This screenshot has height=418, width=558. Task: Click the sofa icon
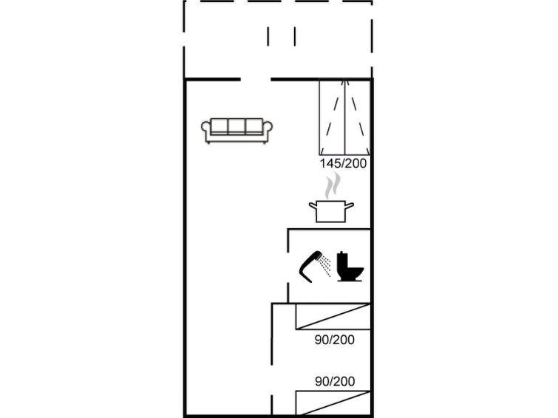[237, 131]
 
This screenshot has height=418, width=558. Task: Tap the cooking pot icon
[331, 211]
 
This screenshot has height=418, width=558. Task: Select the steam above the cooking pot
[333, 185]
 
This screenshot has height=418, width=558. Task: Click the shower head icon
[310, 266]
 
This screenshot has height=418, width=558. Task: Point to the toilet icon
[350, 267]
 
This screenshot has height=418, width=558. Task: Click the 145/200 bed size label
[343, 164]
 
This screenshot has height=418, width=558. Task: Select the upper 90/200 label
[335, 340]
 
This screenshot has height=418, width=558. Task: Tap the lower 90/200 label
[335, 381]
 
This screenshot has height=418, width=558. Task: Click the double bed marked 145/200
[344, 117]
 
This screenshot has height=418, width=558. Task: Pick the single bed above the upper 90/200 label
[333, 316]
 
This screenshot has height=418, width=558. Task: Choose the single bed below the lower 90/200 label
[333, 403]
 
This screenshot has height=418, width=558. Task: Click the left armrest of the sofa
[205, 131]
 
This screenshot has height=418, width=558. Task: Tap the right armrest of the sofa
[268, 131]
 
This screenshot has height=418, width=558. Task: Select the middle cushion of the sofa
[237, 126]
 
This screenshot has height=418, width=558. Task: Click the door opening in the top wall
[256, 79]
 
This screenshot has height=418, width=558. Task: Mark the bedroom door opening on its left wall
[272, 380]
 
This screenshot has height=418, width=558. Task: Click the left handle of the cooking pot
[313, 205]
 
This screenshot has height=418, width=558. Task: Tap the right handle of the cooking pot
[350, 205]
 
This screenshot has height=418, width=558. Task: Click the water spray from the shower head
[324, 265]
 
